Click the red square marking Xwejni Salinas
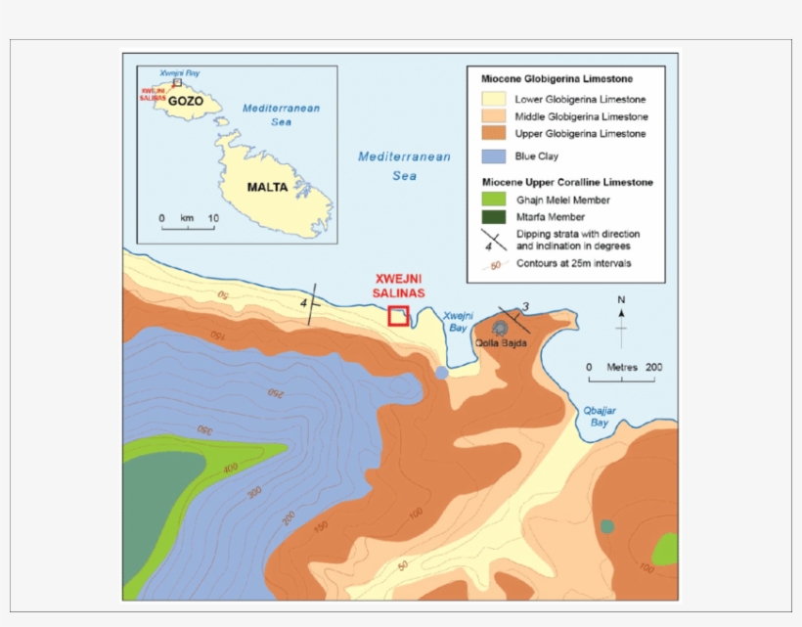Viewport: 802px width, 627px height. [398, 315]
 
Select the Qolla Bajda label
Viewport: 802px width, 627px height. [502, 342]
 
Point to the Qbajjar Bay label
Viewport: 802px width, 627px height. [599, 418]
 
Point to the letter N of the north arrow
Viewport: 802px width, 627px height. [621, 299]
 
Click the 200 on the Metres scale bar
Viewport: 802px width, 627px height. [653, 367]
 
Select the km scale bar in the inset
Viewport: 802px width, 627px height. [188, 227]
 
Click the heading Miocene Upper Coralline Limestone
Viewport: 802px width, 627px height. [566, 182]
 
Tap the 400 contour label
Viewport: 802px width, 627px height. [230, 469]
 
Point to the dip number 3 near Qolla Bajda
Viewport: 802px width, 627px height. [525, 307]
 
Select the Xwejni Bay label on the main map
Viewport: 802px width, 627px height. [458, 321]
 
